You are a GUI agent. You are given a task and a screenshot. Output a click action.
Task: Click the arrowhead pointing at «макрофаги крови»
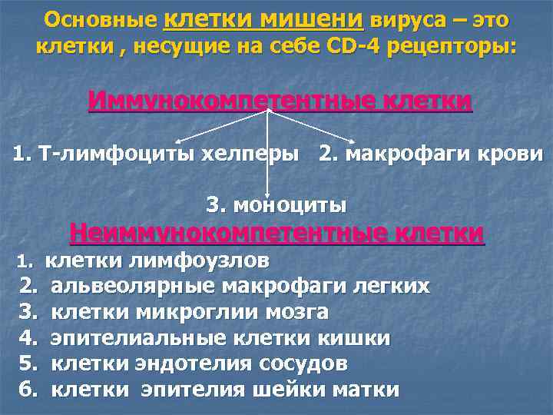coord(353,142)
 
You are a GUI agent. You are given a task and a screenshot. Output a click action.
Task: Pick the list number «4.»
coord(29,338)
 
